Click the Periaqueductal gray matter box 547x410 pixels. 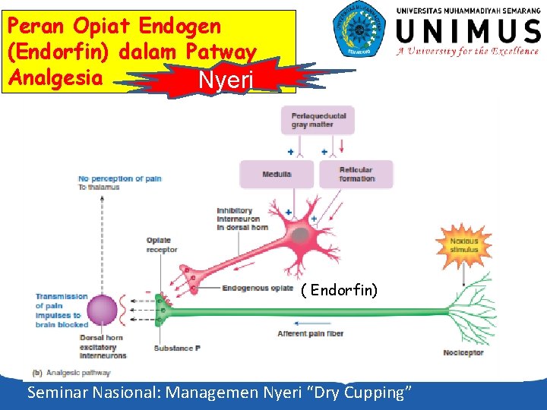pos(318,120)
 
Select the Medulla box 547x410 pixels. pos(277,175)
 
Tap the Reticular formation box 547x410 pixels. pos(356,175)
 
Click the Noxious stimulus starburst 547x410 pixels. pos(464,245)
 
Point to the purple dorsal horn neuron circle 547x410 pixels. pos(103,311)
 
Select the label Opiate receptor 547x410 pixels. pos(162,245)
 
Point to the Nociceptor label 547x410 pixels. pos(463,353)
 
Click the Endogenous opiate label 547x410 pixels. pos(258,289)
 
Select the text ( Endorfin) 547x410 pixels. pos(339,291)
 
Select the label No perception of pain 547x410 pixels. pos(119,179)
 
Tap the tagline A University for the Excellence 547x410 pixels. pos(467,52)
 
